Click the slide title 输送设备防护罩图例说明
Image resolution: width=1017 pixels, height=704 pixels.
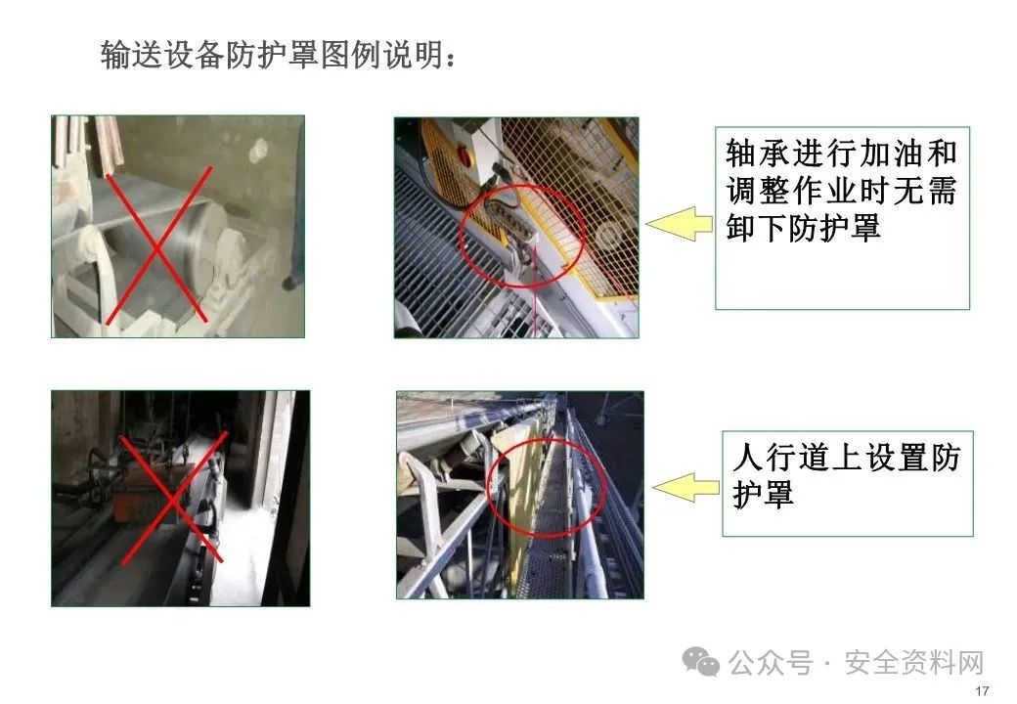tap(279, 55)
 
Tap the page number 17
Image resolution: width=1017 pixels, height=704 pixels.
tap(982, 690)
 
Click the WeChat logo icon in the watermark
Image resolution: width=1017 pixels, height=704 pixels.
tap(701, 661)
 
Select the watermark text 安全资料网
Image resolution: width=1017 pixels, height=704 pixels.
tap(914, 663)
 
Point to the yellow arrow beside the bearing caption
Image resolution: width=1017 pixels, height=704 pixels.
tap(679, 224)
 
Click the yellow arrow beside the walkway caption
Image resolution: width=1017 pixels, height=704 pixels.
tap(685, 487)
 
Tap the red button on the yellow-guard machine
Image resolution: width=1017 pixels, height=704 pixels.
tap(464, 154)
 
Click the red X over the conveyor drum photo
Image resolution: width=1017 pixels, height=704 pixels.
tap(158, 245)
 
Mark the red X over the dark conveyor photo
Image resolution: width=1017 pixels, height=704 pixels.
tap(173, 499)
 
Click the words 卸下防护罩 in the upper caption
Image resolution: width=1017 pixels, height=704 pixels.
tap(803, 228)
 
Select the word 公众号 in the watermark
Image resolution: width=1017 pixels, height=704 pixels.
tap(771, 663)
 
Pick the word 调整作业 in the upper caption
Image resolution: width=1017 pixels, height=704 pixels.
tap(791, 192)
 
